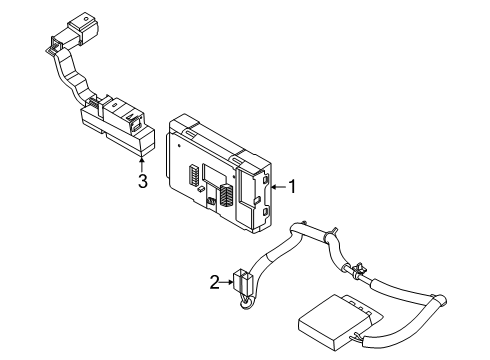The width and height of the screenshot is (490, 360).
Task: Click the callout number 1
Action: pyautogui.click(x=292, y=185)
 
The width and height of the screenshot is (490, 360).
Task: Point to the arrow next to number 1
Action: pyautogui.click(x=277, y=185)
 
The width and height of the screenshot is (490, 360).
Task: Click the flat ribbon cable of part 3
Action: pyautogui.click(x=70, y=75)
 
